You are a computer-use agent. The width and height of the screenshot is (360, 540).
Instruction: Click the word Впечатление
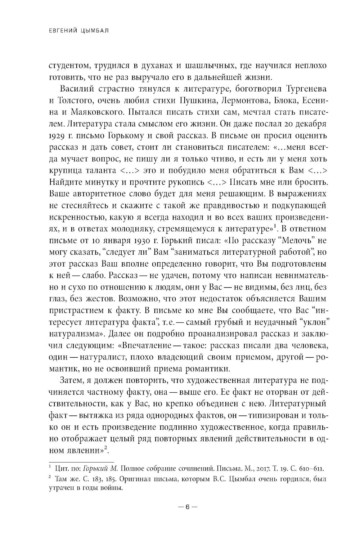pyautogui.click(x=147, y=344)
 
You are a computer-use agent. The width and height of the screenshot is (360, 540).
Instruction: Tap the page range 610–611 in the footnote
pyautogui.click(x=310, y=468)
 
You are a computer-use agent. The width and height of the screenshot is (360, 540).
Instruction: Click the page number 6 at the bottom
pyautogui.click(x=187, y=506)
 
